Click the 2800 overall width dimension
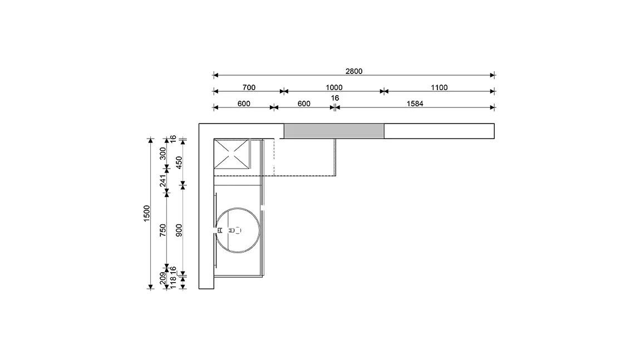pos(354,71)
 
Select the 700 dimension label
pos(249,87)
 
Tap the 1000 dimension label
pos(334,87)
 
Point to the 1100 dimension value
pos(439,87)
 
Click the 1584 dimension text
pos(415,103)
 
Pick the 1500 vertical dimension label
pos(147,214)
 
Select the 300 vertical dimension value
pos(163,154)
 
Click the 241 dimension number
pos(163,181)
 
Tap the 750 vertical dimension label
pos(163,230)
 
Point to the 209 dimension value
pos(163,278)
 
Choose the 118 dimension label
pos(173,283)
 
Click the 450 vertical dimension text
pos(179,162)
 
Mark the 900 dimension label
pos(179,230)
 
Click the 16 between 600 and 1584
pos(334,98)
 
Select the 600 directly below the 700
pos(244,103)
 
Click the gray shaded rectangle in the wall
pos(334,131)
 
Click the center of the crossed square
pos(232,154)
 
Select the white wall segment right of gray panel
pos(439,131)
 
